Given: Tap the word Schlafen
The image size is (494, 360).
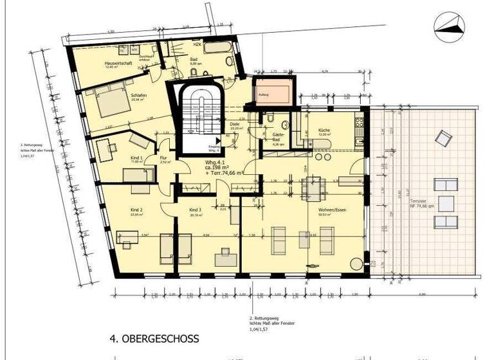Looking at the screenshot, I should [x=104, y=95].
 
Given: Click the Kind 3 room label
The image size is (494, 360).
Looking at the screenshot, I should [x=196, y=210].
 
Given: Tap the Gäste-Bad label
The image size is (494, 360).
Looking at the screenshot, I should [x=279, y=137].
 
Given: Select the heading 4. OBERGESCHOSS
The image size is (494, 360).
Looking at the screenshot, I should [x=154, y=337].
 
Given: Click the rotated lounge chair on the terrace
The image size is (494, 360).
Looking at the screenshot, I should [x=443, y=138].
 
